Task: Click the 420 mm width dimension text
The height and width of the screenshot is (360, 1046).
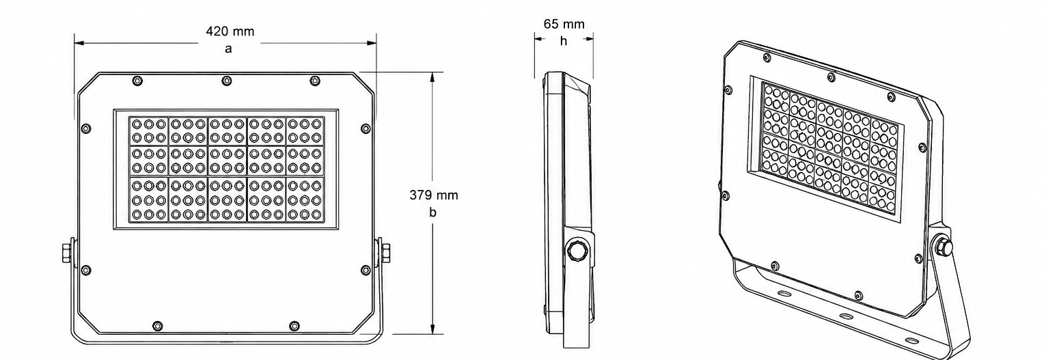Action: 230,31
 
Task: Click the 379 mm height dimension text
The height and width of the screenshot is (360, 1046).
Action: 434,195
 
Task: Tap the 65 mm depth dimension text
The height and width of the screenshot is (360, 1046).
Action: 564,24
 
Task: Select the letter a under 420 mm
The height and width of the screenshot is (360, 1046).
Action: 228,49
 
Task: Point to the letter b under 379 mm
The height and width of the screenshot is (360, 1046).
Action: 433,212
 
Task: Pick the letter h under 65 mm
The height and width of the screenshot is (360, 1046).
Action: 564,41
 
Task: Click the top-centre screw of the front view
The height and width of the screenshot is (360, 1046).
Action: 226,81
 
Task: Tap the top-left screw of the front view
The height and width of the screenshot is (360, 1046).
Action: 137,81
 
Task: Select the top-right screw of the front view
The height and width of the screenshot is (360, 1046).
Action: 315,81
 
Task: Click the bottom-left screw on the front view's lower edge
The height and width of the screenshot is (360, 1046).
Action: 158,325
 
